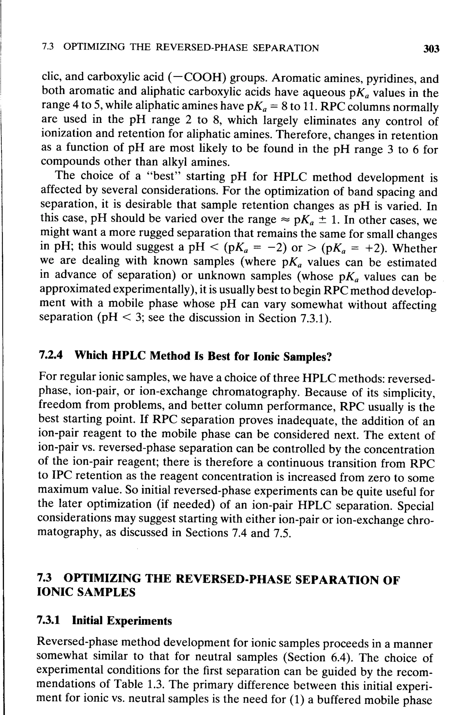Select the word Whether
point(414,248)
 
